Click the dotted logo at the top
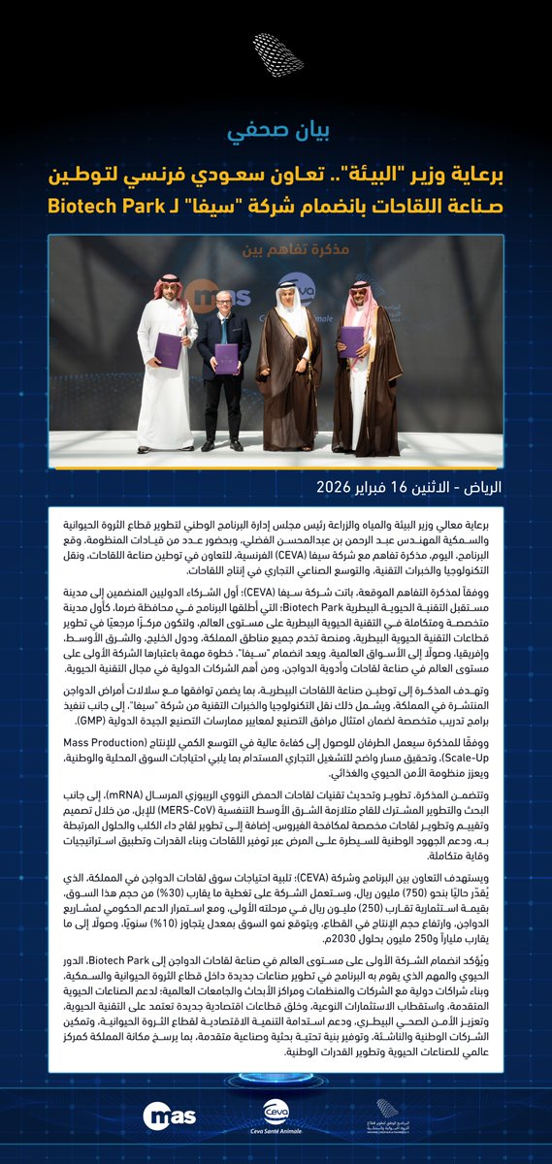[277, 56]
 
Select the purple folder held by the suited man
[227, 357]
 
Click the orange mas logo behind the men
[205, 290]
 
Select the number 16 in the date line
[401, 484]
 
